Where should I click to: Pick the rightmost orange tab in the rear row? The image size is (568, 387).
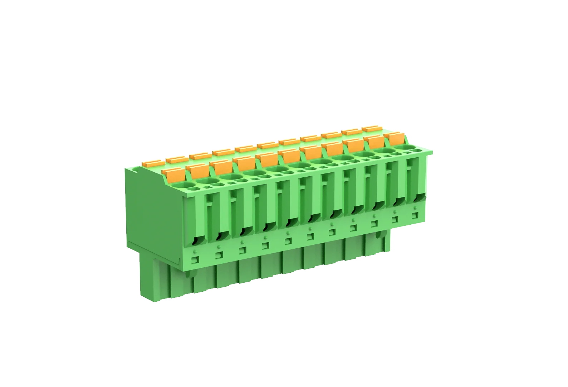click(x=372, y=128)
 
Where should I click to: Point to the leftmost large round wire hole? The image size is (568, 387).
click(x=186, y=185)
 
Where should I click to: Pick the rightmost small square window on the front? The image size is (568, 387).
click(x=415, y=216)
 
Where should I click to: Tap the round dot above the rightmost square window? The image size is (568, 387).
click(x=415, y=208)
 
